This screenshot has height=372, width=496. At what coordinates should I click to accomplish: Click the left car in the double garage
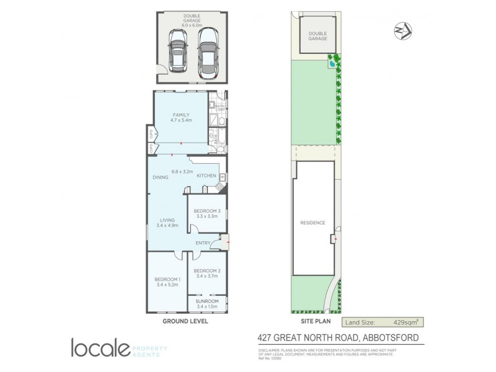pyautogui.click(x=179, y=53)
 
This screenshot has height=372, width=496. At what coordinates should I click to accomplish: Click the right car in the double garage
pyautogui.click(x=206, y=53)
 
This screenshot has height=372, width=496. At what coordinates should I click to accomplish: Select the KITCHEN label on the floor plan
pyautogui.click(x=206, y=175)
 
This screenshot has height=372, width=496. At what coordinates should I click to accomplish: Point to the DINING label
pyautogui.click(x=161, y=177)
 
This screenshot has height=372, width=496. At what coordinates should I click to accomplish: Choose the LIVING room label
pyautogui.click(x=167, y=219)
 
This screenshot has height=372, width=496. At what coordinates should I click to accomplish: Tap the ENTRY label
pyautogui.click(x=203, y=242)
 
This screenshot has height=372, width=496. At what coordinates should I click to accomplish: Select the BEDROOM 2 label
pyautogui.click(x=206, y=270)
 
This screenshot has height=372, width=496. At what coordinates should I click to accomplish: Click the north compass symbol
pyautogui.click(x=402, y=31)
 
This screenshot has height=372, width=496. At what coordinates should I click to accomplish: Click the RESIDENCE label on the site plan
pyautogui.click(x=312, y=223)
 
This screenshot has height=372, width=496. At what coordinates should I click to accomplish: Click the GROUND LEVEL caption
pyautogui.click(x=185, y=322)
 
